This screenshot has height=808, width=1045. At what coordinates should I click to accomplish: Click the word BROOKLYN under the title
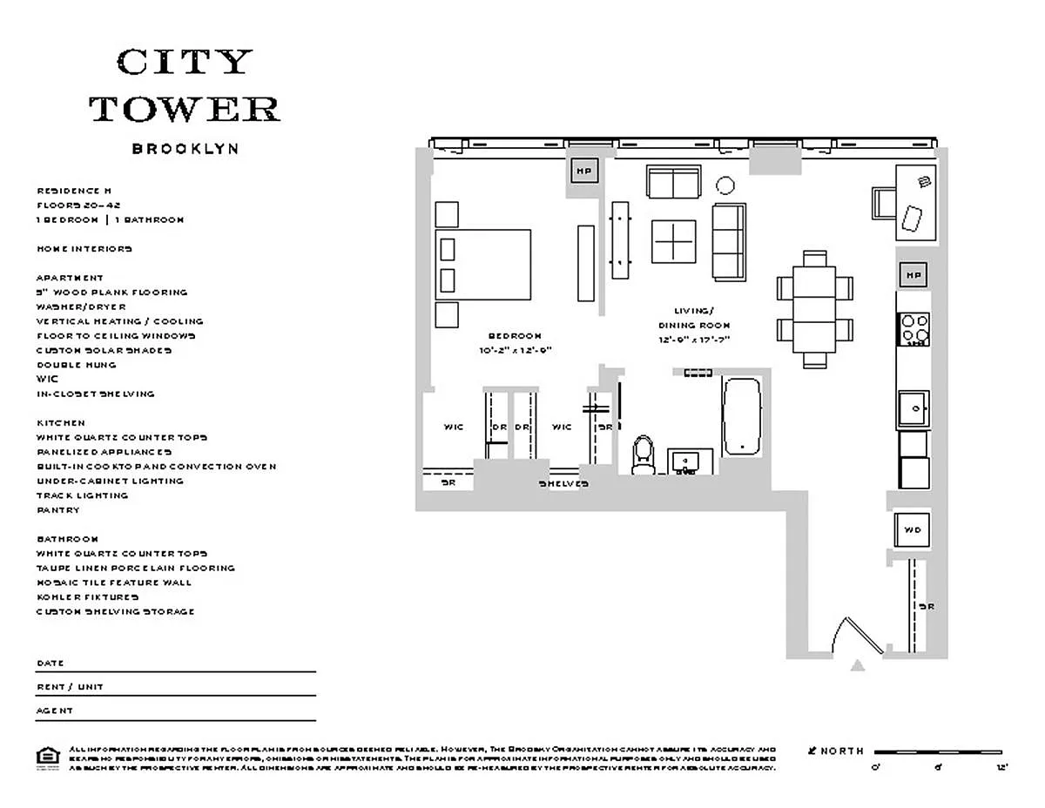pyautogui.click(x=185, y=149)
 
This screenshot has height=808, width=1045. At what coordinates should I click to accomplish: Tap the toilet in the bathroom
pyautogui.click(x=644, y=454)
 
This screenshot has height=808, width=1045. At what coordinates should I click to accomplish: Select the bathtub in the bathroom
pyautogui.click(x=741, y=416)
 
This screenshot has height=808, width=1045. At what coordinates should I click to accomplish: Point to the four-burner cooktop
pyautogui.click(x=914, y=329)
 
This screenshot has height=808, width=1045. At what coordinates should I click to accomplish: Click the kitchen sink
pyautogui.click(x=914, y=408)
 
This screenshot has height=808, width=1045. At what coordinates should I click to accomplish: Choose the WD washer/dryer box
pyautogui.click(x=912, y=529)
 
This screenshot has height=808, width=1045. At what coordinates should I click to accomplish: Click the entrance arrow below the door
pyautogui.click(x=858, y=666)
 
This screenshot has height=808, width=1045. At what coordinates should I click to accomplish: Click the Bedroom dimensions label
pyautogui.click(x=515, y=350)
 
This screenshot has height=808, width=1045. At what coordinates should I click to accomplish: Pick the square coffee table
pyautogui.click(x=674, y=240)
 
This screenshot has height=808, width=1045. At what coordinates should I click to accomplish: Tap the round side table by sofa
pyautogui.click(x=725, y=185)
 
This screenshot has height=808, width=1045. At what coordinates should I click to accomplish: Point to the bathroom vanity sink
pyautogui.click(x=690, y=461)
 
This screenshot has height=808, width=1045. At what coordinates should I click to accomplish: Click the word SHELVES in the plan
pyautogui.click(x=563, y=483)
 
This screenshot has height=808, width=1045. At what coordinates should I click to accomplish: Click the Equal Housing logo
pyautogui.click(x=47, y=756)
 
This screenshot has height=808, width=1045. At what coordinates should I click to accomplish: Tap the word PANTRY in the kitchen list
pyautogui.click(x=57, y=510)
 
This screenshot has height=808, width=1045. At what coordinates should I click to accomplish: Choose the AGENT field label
pyautogui.click(x=55, y=710)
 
